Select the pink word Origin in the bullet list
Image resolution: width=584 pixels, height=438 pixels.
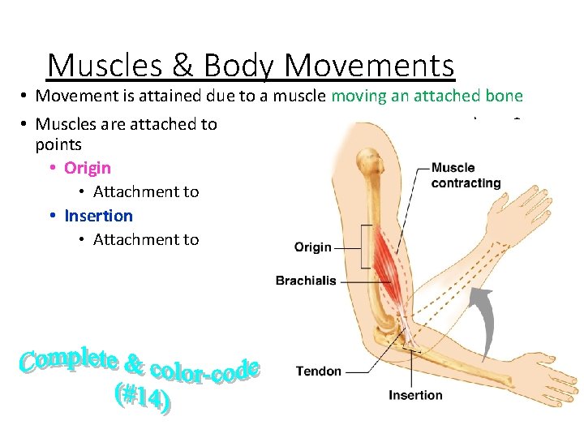coord(88,168)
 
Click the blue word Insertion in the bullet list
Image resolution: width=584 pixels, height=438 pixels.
coord(98,216)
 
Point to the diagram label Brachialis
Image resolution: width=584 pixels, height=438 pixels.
coord(306,281)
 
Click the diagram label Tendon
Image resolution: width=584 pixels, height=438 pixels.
coord(319,371)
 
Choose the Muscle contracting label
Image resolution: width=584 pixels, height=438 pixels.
coord(466,175)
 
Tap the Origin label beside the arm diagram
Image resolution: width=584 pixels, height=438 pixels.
coord(312,247)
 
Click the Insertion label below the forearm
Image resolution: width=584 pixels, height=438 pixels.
coord(415,395)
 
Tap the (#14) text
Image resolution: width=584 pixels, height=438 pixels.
coord(143,397)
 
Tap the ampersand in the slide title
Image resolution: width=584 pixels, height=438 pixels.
coord(185,65)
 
